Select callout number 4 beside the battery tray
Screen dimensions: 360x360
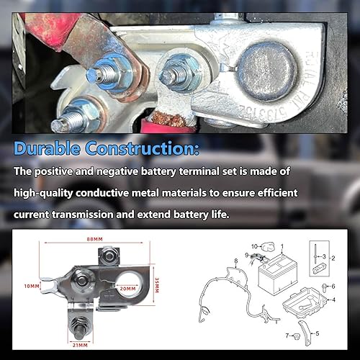pos(333,299)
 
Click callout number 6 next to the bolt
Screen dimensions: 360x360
pos(333,287)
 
